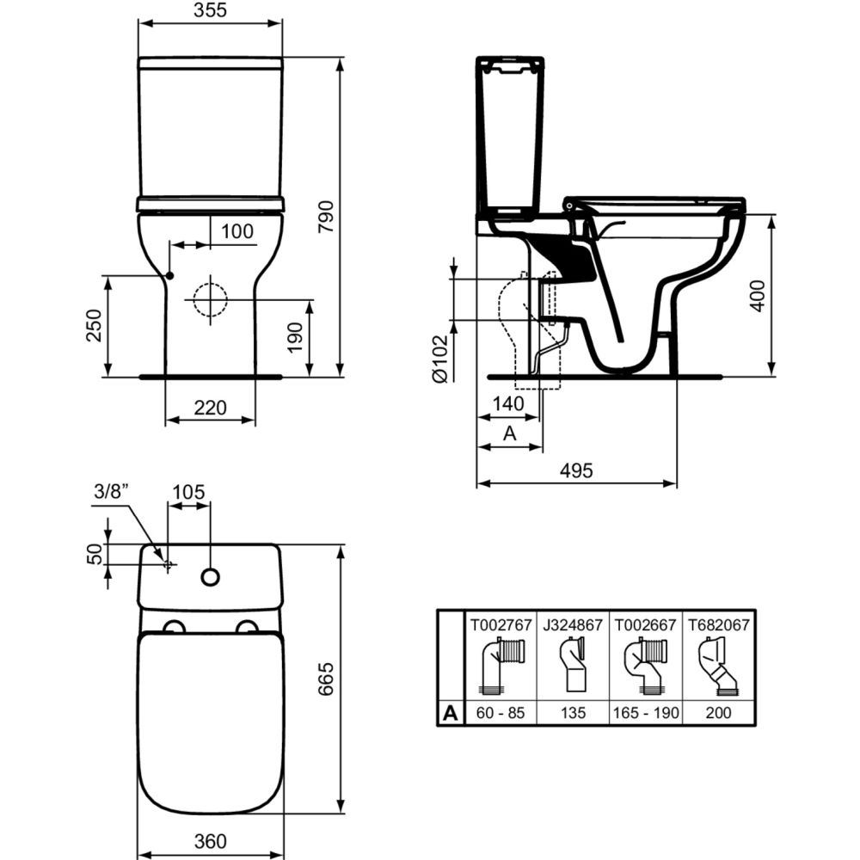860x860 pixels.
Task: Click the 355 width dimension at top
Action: pos(210,9)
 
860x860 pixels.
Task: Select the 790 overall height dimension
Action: pos(326,216)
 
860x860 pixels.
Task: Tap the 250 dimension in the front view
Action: pos(95,325)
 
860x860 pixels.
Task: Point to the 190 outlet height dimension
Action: pos(294,337)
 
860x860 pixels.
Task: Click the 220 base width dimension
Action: pos(210,408)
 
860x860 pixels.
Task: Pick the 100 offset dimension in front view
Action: pos(237,231)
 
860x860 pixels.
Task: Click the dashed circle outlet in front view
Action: pos(210,299)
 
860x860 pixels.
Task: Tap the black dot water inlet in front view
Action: pos(170,275)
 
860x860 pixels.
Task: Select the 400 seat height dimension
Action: pos(758,296)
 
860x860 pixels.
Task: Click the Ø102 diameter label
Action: pos(439,359)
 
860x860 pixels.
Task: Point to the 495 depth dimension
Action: pos(576,470)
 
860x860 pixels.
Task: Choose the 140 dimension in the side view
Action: pos(508,403)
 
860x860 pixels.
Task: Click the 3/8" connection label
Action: pos(111,491)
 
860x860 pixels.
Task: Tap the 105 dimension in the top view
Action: pos(188,492)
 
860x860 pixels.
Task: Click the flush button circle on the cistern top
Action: pos(211,576)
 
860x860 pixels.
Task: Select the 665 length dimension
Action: pos(326,679)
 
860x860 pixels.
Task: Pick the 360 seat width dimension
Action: pos(210,841)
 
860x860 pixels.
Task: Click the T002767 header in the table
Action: pos(501,624)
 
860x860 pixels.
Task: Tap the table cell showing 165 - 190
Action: pos(646,712)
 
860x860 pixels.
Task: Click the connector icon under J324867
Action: pos(573,665)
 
